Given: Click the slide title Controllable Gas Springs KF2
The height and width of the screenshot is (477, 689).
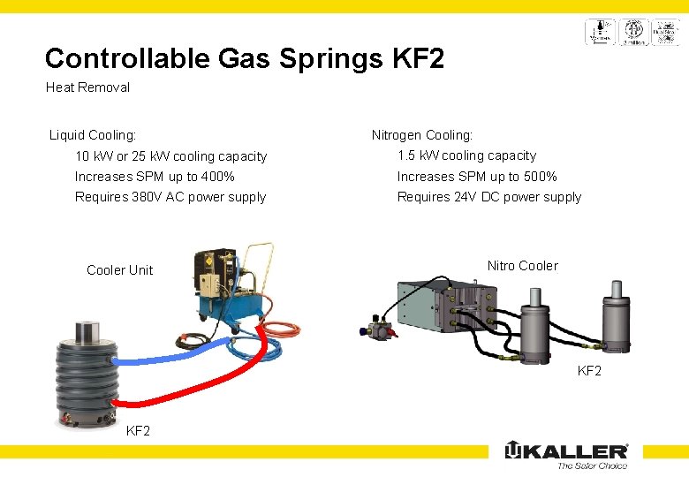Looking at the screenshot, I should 244,58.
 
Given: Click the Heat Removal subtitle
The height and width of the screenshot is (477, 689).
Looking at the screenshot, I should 87,87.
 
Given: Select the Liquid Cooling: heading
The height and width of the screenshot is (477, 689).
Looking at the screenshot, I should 93,135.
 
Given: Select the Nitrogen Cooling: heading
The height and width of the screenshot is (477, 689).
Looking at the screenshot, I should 422,135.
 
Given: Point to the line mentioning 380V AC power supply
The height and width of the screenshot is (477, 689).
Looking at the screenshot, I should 170,197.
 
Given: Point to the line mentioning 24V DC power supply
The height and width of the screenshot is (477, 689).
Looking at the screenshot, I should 489,197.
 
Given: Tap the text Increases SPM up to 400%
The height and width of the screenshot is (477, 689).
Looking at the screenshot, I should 155,177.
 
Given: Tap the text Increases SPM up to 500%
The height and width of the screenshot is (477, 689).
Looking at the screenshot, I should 477,177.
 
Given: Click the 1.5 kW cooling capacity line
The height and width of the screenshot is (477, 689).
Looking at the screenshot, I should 466,155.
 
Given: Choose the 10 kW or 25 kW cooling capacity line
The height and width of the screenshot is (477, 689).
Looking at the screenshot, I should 170,156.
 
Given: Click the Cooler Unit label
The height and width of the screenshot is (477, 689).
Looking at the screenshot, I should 119,270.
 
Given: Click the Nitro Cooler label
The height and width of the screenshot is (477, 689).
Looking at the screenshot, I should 523,266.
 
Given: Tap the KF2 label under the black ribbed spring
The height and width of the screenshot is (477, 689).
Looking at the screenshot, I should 139,431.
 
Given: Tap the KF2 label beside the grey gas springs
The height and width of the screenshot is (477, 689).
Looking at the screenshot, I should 589,371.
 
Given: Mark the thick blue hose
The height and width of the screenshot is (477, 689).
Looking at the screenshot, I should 177,356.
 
